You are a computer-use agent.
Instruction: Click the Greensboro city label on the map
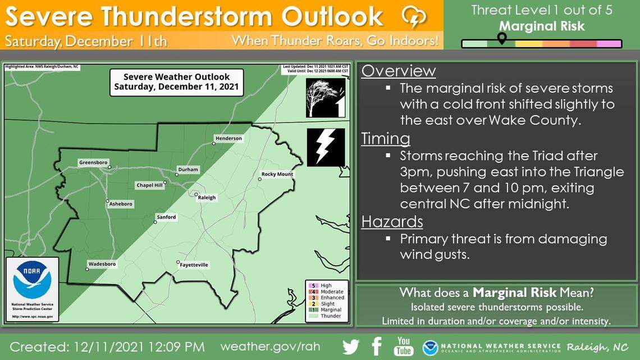pyautogui.click(x=93, y=162)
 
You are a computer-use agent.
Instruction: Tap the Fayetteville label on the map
pyautogui.click(x=194, y=265)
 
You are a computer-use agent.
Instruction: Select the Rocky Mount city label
pyautogui.click(x=277, y=174)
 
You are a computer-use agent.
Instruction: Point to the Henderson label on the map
pyautogui.click(x=228, y=138)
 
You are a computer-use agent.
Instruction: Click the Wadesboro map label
pyautogui.click(x=102, y=264)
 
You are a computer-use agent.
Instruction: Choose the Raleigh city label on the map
pyautogui.click(x=207, y=198)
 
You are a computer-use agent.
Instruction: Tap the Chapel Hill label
pyautogui.click(x=150, y=185)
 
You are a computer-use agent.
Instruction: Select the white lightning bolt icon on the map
pyautogui.click(x=326, y=147)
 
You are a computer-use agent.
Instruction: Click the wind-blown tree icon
pyautogui.click(x=326, y=98)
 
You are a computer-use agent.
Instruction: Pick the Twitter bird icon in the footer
pyautogui.click(x=351, y=347)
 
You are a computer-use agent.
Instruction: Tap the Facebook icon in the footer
pyautogui.click(x=377, y=346)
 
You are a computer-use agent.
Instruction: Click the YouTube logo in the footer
pyautogui.click(x=404, y=346)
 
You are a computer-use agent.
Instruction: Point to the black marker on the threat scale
pyautogui.click(x=502, y=38)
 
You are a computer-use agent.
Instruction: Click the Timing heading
pyautogui.click(x=386, y=138)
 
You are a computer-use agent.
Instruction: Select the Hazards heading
pyautogui.click(x=392, y=221)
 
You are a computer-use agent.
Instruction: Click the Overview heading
pyautogui.click(x=399, y=71)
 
